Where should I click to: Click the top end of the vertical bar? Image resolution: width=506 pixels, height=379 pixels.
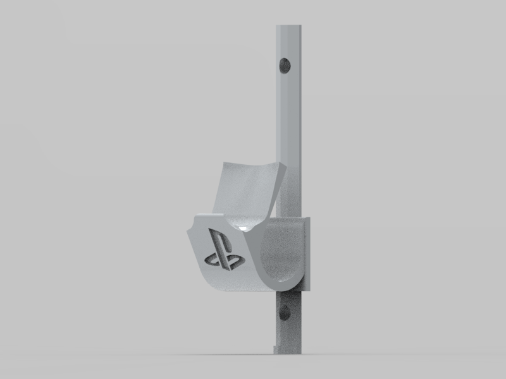point(290,27)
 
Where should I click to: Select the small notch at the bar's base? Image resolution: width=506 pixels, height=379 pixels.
point(275,348)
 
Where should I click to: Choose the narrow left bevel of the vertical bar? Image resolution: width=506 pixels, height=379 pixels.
point(278,126)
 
